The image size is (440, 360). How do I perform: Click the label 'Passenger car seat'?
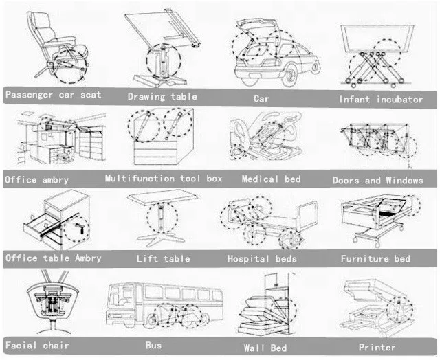(54, 95)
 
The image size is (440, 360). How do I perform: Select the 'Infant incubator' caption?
(381, 100)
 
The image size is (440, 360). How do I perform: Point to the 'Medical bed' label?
(271, 179)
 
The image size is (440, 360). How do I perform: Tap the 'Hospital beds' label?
(262, 259)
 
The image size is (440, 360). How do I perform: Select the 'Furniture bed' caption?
(375, 259)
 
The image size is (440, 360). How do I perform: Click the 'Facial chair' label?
(37, 344)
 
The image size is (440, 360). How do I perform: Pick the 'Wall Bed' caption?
(265, 348)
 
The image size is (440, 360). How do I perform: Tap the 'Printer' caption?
(377, 347)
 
